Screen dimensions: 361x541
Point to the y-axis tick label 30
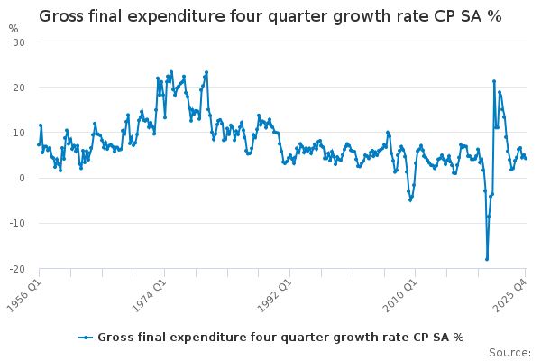18,42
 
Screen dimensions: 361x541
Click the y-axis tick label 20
18,88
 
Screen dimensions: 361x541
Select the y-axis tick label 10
18,133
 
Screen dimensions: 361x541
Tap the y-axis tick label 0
22,178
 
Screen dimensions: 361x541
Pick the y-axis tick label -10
16,223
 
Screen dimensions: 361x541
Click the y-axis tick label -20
16,268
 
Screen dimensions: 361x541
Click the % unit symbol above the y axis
13,29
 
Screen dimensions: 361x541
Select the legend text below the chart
280,338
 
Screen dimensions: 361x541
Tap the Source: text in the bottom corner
509,352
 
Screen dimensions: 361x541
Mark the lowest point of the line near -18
487,259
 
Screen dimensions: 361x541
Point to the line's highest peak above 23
206,72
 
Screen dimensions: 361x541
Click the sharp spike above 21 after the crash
494,81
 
